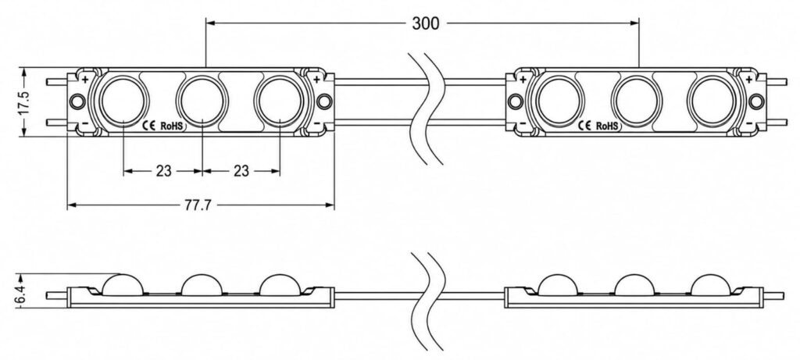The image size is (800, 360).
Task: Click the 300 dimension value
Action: click(x=425, y=23)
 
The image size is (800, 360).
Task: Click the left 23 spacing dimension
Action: click(x=163, y=171)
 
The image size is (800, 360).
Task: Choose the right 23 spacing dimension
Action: click(x=241, y=171)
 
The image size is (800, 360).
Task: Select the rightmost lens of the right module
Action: click(x=712, y=101)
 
